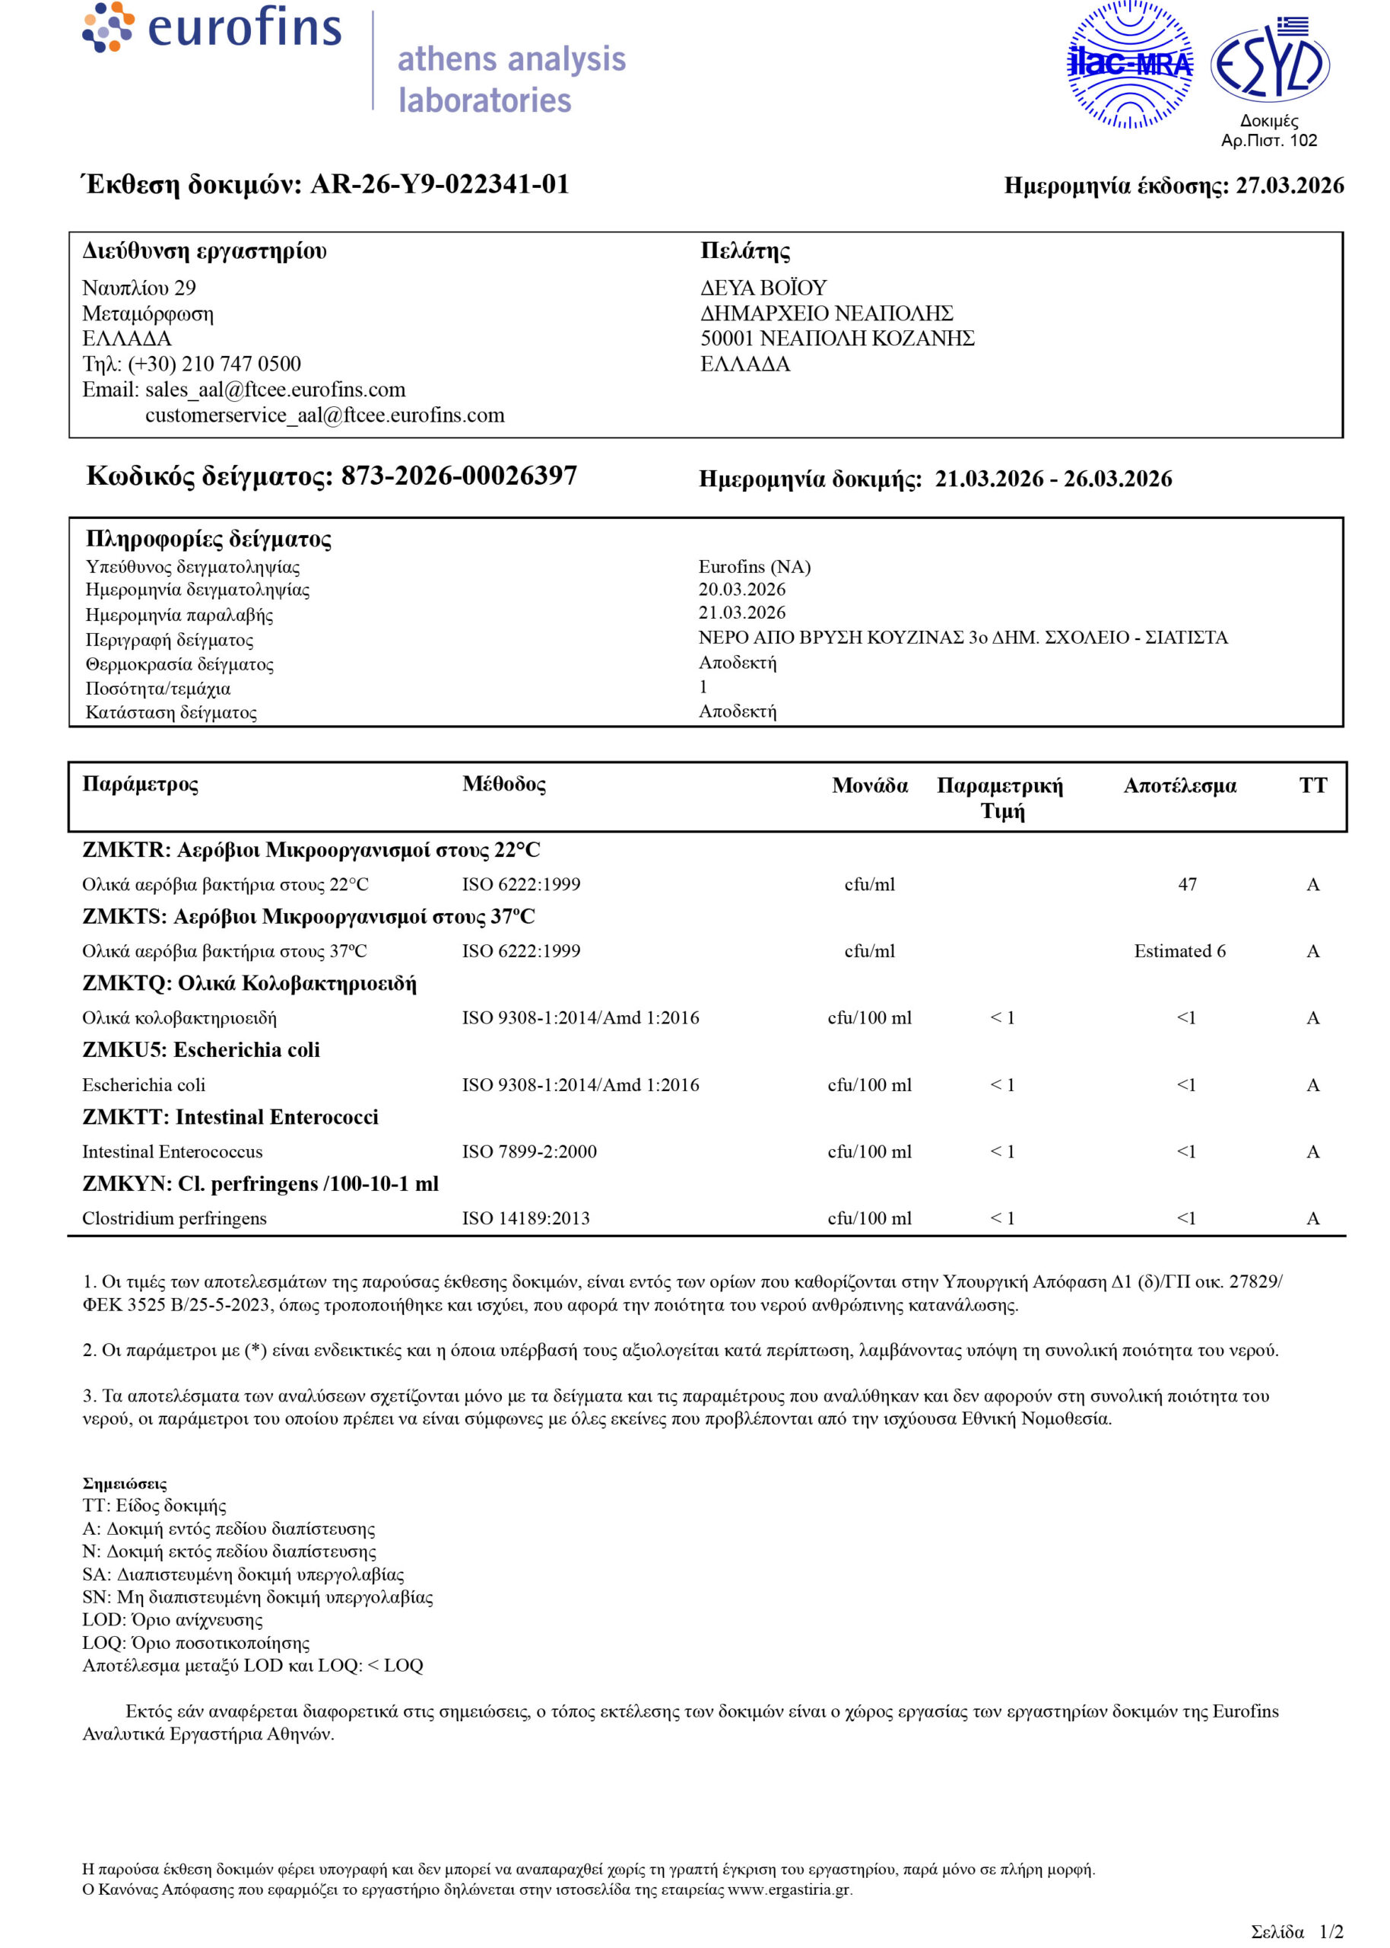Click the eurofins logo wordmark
click(x=244, y=27)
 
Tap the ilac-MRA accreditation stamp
click(x=1129, y=64)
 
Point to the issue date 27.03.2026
click(x=1289, y=186)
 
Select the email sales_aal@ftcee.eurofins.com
click(x=275, y=390)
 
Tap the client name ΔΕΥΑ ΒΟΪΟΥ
click(x=763, y=288)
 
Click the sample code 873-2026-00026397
click(x=459, y=476)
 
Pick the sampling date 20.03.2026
click(x=741, y=589)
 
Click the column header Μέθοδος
click(x=503, y=784)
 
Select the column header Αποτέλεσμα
click(x=1179, y=785)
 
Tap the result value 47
click(x=1187, y=884)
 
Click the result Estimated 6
click(x=1179, y=951)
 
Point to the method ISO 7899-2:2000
click(x=529, y=1151)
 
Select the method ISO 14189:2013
click(x=525, y=1218)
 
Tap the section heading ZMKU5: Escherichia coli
click(x=202, y=1050)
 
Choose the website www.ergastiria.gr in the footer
click(x=789, y=1889)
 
